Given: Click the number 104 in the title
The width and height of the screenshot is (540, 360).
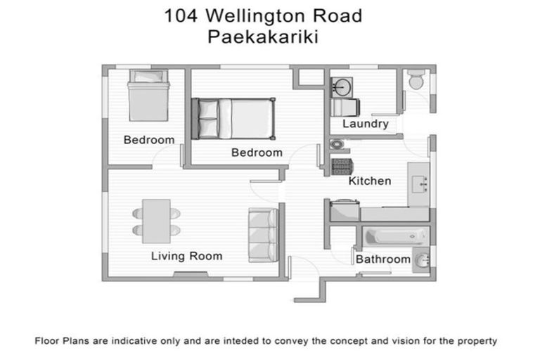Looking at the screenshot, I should point(180,15).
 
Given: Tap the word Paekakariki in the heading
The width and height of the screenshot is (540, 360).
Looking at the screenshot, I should point(263,37).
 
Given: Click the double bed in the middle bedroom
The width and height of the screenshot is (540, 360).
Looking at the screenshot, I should point(234,117).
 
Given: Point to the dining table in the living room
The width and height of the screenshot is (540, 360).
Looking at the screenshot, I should point(156,221).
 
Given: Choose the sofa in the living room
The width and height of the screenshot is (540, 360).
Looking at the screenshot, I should point(263,235).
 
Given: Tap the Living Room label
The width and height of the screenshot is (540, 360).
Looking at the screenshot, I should point(186,256).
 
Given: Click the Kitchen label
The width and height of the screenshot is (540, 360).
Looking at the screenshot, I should point(370,181).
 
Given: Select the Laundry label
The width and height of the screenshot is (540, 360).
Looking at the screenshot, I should point(365,124).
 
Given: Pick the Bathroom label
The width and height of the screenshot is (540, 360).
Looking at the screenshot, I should point(382,259).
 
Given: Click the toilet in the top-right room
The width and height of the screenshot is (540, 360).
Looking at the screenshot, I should point(416,81).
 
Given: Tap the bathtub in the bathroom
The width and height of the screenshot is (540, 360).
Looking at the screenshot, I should point(394,236).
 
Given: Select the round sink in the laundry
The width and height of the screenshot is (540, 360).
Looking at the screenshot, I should point(343,87).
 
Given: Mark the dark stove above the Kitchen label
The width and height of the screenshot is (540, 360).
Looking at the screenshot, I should point(342,167).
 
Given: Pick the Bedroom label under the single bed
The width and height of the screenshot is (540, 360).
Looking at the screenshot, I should point(148,140).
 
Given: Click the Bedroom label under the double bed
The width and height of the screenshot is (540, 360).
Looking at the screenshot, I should point(257,153).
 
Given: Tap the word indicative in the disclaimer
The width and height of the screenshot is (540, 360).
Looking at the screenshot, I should point(130,341).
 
